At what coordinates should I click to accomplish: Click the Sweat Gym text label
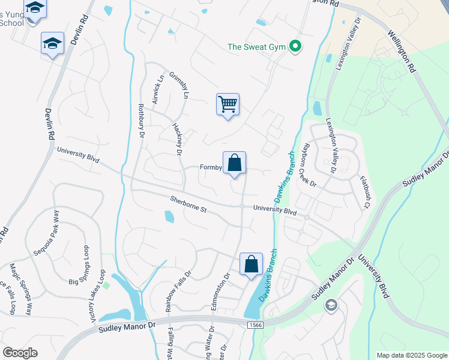pos(257,46)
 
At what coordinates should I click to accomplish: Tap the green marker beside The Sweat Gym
pos(295,46)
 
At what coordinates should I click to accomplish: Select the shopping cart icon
pos(228,104)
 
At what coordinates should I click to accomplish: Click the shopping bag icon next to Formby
pos(235,163)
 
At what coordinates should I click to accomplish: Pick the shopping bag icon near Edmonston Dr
pos(252,264)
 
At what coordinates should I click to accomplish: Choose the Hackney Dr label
pos(176,139)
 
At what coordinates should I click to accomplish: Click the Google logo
pos(20,353)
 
